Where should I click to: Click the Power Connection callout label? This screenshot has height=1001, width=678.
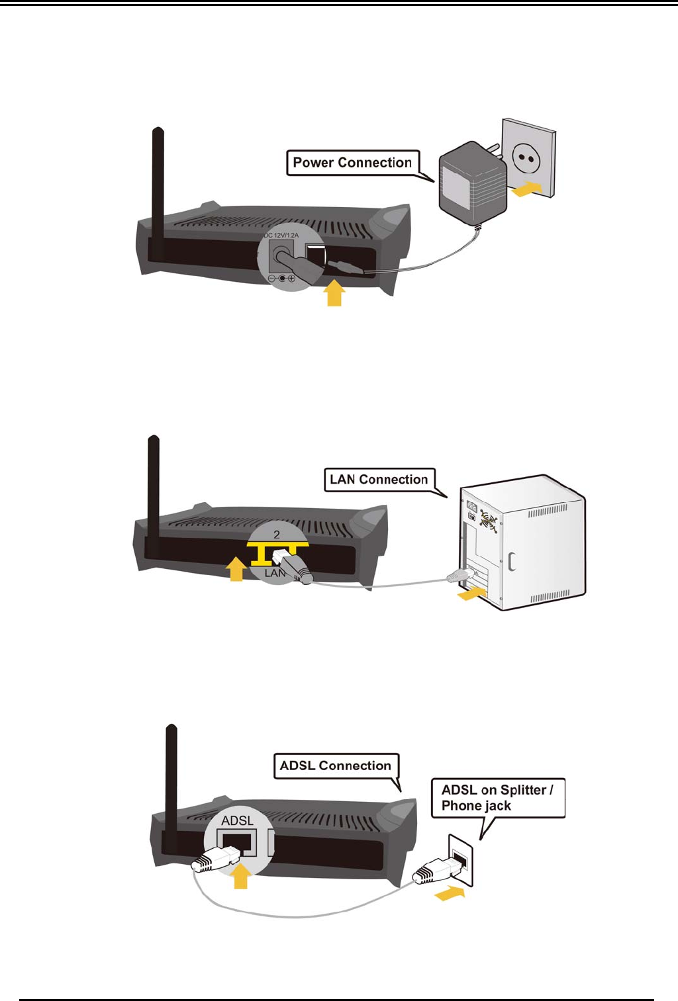(352, 163)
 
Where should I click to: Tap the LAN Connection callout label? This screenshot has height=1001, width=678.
(379, 480)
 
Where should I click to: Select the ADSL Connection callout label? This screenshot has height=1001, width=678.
(336, 766)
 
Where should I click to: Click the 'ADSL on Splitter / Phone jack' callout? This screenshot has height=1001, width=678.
(497, 798)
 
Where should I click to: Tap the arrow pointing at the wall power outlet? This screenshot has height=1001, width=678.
(527, 190)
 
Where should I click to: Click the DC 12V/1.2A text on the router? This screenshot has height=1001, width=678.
(281, 236)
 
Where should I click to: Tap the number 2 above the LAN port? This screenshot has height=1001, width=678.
(277, 535)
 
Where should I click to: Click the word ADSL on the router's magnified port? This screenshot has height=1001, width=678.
(237, 821)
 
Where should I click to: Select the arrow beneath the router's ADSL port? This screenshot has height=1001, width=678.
(241, 877)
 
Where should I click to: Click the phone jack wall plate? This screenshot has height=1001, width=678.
(461, 859)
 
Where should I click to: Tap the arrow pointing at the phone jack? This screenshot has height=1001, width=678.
(450, 894)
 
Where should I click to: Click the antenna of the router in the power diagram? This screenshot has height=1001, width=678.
(158, 192)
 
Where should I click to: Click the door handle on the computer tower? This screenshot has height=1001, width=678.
(511, 561)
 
